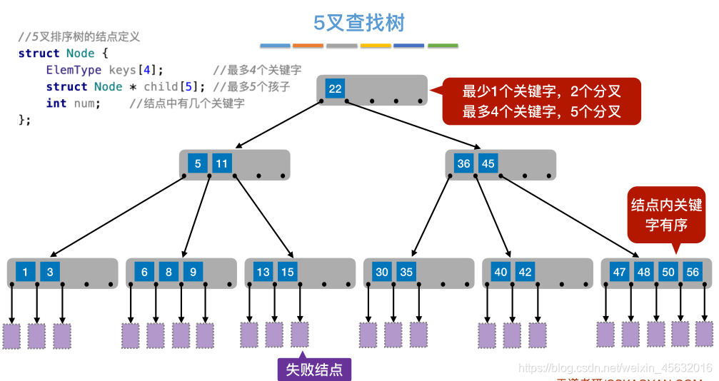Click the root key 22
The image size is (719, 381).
point(335,89)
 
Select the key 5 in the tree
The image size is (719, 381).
point(198,164)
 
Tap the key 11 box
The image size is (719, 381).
point(222,164)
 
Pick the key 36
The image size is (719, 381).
point(463,164)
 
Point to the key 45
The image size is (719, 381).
point(488,164)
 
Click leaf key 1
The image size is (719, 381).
point(25,272)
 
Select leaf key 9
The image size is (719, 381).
point(192,272)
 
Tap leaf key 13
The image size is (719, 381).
point(263,272)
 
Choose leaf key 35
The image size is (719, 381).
point(406,272)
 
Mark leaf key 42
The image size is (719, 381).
point(525,272)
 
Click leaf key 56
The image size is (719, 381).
point(692,272)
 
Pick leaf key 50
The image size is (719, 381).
point(668,272)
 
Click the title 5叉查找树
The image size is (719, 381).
point(359,23)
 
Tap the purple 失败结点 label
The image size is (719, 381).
point(314,370)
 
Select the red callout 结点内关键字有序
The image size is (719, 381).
point(666,215)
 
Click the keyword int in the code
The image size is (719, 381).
point(56,103)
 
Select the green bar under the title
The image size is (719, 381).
point(443,46)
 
